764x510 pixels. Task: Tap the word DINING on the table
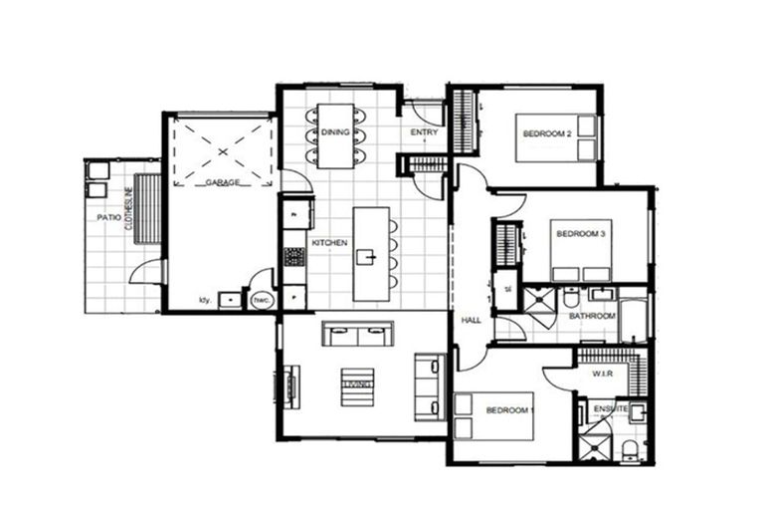(335, 132)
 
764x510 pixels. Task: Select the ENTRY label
(424, 132)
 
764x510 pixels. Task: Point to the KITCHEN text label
(329, 243)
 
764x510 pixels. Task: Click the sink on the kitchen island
(367, 258)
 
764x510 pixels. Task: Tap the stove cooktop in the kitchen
(294, 257)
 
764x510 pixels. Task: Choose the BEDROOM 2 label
(546, 133)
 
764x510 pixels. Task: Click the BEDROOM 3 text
(580, 234)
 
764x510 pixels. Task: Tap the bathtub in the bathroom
(632, 317)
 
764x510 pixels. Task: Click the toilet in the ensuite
(629, 450)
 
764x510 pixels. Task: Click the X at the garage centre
(223, 152)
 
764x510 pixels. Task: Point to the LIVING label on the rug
(357, 384)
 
